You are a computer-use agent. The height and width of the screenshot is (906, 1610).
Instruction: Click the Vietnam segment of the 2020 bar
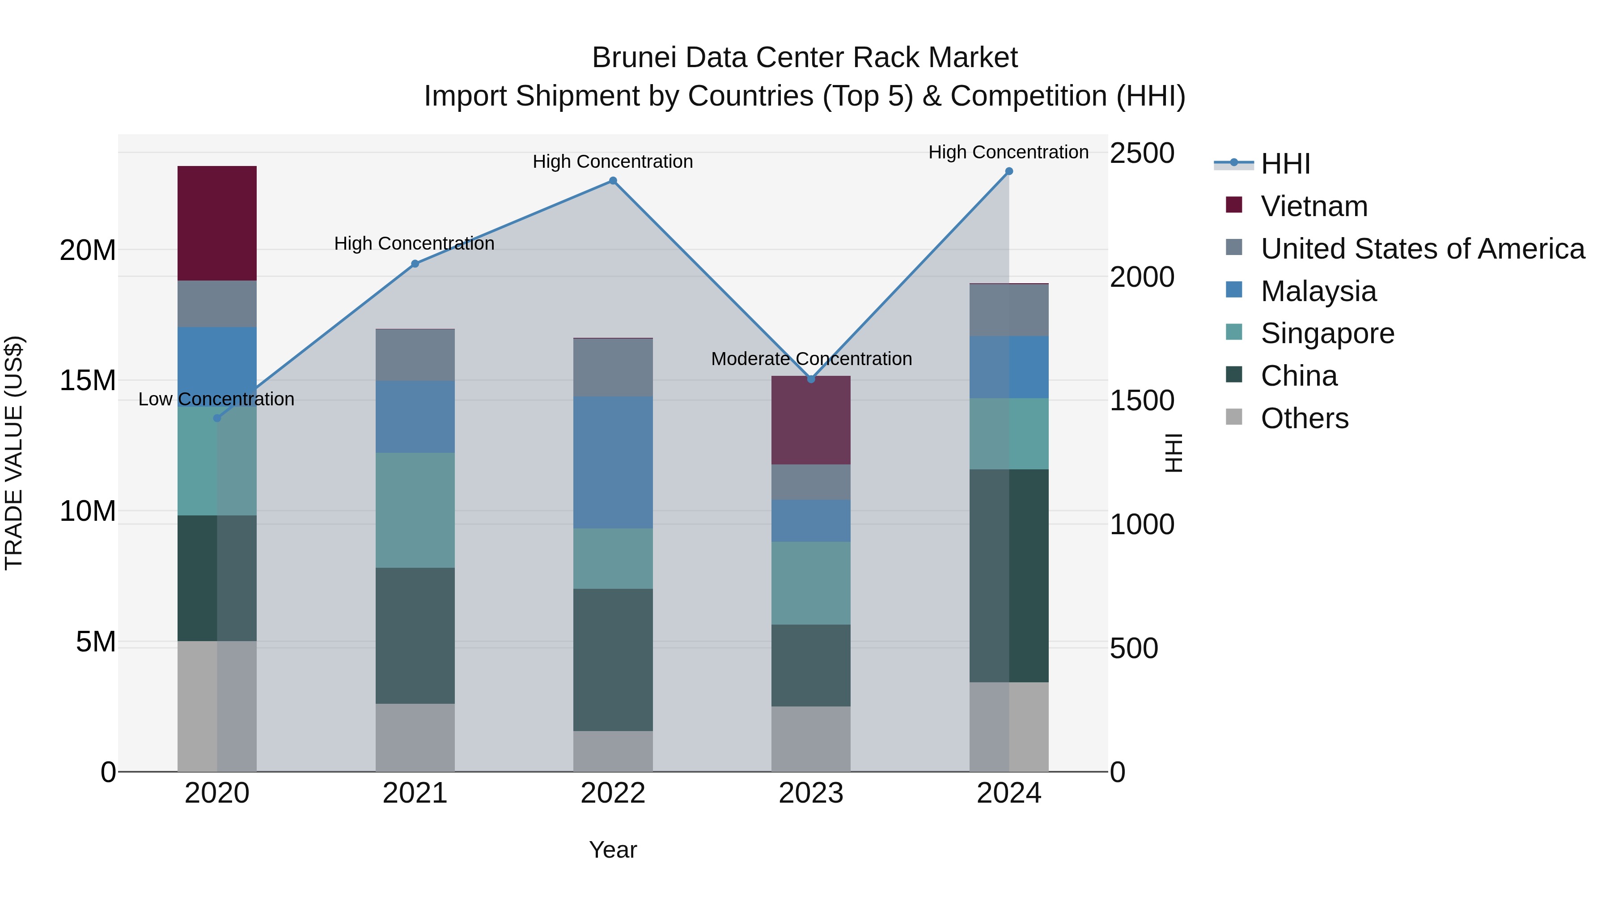[217, 223]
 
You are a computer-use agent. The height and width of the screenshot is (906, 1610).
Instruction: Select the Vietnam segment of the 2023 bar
[811, 420]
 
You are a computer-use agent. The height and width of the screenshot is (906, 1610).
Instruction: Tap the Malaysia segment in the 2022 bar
[613, 462]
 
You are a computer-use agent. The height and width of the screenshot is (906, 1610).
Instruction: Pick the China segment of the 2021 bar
[415, 635]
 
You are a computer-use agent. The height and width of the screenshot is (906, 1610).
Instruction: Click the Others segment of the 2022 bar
[613, 751]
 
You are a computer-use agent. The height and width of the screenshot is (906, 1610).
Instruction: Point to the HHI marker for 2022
[613, 181]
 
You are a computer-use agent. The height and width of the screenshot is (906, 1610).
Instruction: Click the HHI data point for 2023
[811, 379]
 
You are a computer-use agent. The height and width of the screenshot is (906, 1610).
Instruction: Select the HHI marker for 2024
[1009, 171]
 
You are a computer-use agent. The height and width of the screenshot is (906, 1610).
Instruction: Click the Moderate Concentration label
[811, 359]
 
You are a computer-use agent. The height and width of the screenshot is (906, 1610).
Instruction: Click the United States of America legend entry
[1422, 249]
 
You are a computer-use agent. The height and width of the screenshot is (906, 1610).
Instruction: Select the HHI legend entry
[1285, 164]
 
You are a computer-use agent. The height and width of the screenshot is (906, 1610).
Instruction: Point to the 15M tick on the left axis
[88, 380]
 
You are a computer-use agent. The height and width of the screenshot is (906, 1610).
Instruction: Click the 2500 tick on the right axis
[1141, 153]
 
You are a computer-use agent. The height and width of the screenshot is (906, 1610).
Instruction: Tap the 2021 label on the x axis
[415, 793]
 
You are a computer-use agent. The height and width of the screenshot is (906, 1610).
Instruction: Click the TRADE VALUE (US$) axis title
[14, 453]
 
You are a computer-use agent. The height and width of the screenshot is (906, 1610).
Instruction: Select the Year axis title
[613, 850]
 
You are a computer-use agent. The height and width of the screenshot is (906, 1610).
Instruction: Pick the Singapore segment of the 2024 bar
[1009, 434]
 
